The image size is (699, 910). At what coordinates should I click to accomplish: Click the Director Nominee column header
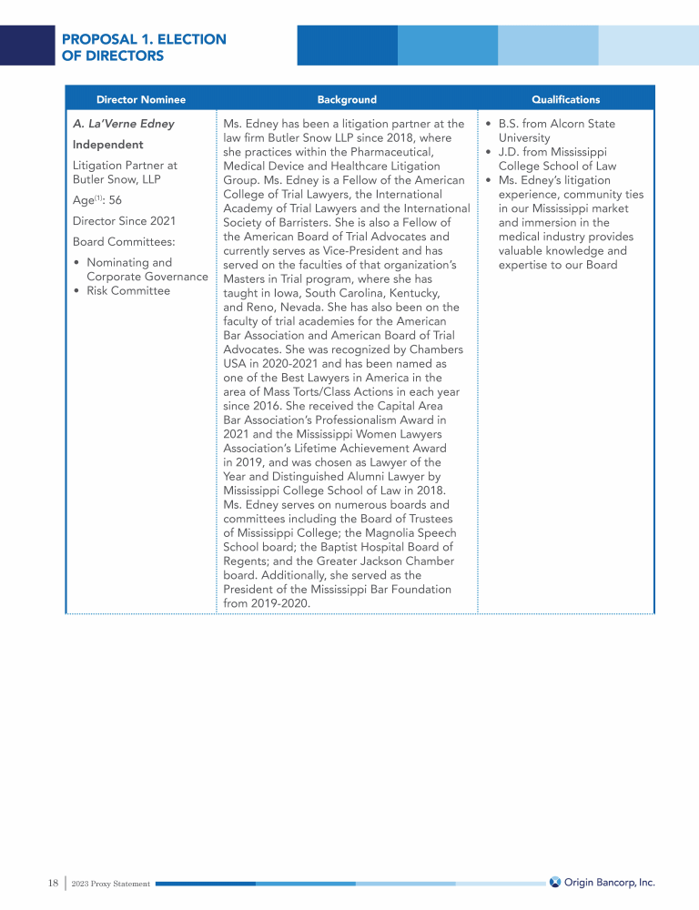(140, 99)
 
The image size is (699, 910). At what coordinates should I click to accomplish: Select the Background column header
(347, 99)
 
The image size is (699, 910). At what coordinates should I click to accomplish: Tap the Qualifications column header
(565, 99)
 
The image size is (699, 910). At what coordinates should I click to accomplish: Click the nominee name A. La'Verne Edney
(123, 124)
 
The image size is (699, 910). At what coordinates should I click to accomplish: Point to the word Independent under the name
(107, 145)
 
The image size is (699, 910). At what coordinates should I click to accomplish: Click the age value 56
(115, 200)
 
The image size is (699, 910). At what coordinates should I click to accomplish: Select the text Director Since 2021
(124, 221)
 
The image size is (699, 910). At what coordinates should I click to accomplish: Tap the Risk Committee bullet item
(127, 291)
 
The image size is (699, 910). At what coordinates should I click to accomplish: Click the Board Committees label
(124, 242)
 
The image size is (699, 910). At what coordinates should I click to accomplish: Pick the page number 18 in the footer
(53, 883)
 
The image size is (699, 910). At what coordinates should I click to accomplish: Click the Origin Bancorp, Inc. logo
(603, 883)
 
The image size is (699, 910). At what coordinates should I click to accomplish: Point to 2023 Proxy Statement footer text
(110, 884)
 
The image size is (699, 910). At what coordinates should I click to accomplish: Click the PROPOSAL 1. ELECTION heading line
(144, 39)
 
